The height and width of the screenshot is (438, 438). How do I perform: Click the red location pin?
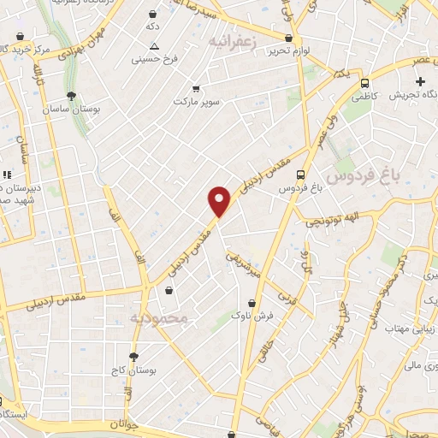point(220,201)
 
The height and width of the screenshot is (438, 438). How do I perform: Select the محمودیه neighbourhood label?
point(163,318)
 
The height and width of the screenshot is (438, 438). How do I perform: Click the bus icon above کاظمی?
point(365,84)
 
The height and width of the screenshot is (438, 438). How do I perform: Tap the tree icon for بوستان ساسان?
point(70,97)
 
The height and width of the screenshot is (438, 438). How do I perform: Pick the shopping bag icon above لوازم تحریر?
point(288,38)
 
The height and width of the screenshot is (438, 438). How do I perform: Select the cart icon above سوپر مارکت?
point(196,88)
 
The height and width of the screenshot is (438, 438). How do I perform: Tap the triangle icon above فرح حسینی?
point(154,46)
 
